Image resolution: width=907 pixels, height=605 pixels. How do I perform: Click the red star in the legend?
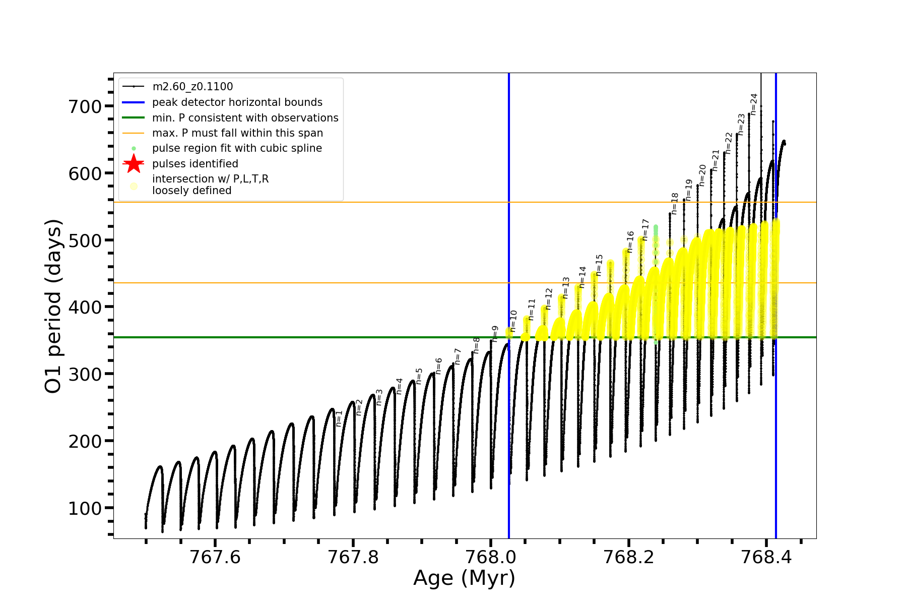[x=134, y=163]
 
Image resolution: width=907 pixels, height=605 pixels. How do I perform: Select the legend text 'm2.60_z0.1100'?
[x=192, y=87]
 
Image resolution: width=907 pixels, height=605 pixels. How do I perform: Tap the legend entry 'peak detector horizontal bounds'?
[x=237, y=102]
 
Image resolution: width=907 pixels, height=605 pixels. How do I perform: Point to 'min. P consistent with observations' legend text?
[x=245, y=117]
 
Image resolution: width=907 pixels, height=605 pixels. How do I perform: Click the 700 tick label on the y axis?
[x=85, y=106]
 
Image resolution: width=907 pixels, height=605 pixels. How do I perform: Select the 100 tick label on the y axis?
[x=85, y=508]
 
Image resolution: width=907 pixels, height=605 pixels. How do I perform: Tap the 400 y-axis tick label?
[x=85, y=307]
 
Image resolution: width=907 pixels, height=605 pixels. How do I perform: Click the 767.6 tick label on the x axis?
[x=215, y=557]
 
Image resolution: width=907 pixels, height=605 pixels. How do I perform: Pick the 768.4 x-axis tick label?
[x=766, y=557]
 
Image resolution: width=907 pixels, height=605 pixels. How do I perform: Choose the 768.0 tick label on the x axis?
[x=491, y=557]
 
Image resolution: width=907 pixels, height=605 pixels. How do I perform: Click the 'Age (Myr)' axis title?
[x=464, y=578]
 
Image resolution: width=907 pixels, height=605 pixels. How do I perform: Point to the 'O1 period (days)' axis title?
[x=53, y=306]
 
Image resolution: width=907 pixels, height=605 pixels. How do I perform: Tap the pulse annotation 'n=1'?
[x=339, y=418]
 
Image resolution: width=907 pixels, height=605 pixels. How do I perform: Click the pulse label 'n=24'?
[x=754, y=104]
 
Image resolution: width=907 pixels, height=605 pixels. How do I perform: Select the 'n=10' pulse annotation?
[x=513, y=321]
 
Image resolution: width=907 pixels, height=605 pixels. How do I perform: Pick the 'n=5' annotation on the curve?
[x=419, y=376]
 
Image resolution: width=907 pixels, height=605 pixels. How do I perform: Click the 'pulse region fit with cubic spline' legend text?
[x=237, y=148]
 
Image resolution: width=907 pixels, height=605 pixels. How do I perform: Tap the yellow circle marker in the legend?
[x=134, y=186]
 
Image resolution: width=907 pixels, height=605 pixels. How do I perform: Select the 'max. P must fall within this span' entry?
[x=237, y=133]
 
